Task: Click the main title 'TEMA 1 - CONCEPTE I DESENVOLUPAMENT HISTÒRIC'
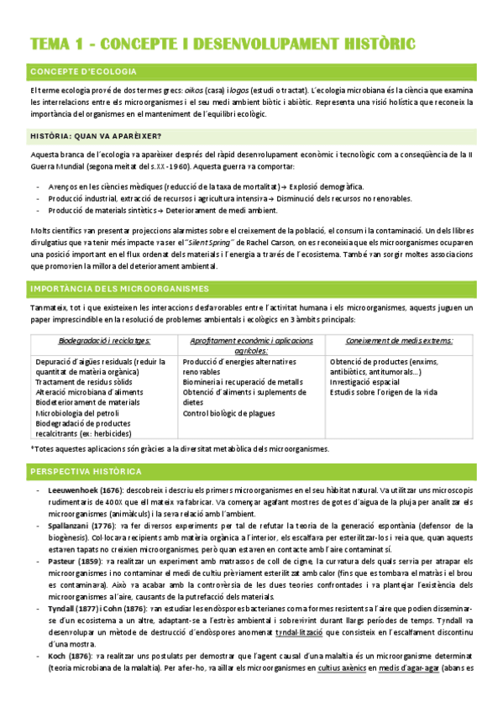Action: pos(222,44)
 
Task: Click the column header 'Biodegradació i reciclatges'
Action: pos(105,341)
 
